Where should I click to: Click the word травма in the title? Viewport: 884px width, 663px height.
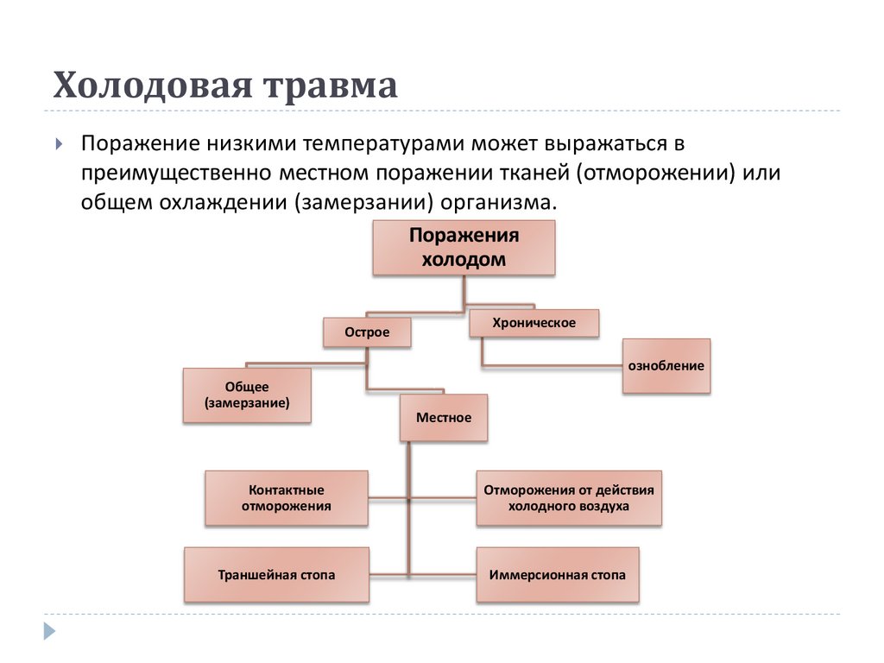pyautogui.click(x=334, y=86)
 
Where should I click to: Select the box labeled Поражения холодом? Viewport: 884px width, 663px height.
pyautogui.click(x=464, y=248)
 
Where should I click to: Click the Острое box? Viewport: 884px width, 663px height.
pyautogui.click(x=367, y=332)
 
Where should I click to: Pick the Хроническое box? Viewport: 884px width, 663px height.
pyautogui.click(x=534, y=323)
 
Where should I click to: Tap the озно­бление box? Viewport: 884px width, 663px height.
pyautogui.click(x=666, y=365)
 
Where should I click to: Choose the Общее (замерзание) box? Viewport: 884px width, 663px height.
pyautogui.click(x=247, y=395)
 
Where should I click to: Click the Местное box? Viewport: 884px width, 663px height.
pyautogui.click(x=444, y=418)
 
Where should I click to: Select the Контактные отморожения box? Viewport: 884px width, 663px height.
pyautogui.click(x=287, y=498)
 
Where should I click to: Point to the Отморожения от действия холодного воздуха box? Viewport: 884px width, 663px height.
pyautogui.click(x=569, y=498)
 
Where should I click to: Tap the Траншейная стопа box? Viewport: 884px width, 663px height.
pyautogui.click(x=276, y=574)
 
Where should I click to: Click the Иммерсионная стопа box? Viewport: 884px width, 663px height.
pyautogui.click(x=558, y=574)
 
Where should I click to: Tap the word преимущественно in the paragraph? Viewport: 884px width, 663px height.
pyautogui.click(x=177, y=172)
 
